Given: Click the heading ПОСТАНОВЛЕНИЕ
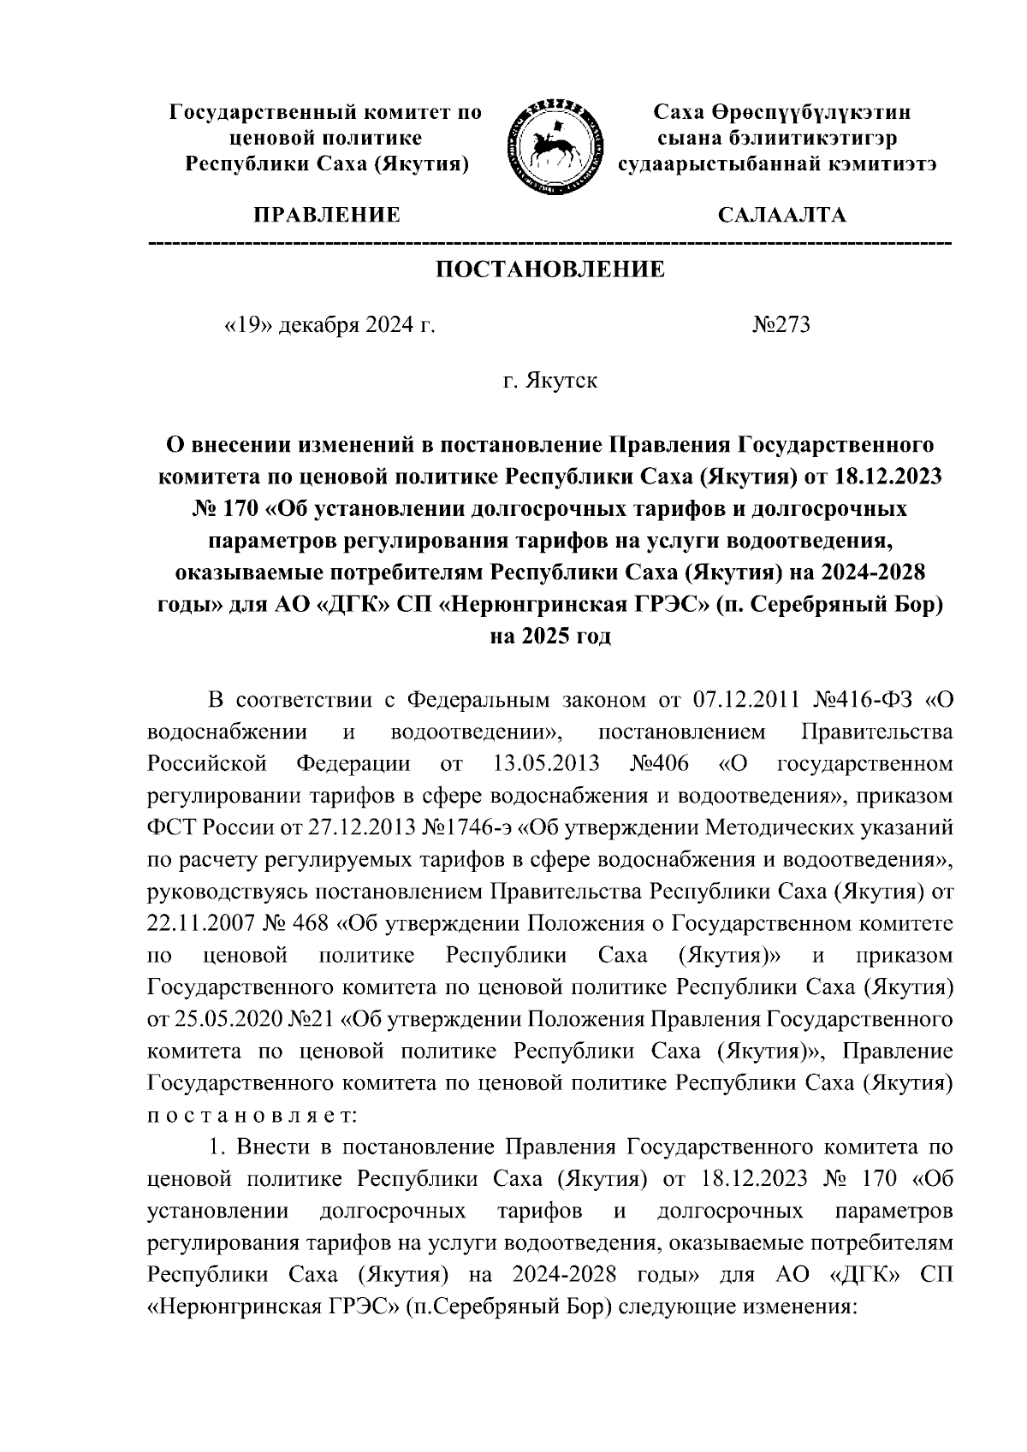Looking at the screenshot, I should pyautogui.click(x=550, y=270).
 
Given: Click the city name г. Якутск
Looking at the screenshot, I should pyautogui.click(x=550, y=380).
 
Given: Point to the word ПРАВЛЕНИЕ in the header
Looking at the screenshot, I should pyautogui.click(x=325, y=215).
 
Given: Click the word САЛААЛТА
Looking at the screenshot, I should pyautogui.click(x=782, y=215).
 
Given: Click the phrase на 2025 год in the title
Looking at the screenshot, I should pyautogui.click(x=550, y=637).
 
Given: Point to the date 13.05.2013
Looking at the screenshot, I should pyautogui.click(x=547, y=763).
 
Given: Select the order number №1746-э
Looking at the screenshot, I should pyautogui.click(x=474, y=827).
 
